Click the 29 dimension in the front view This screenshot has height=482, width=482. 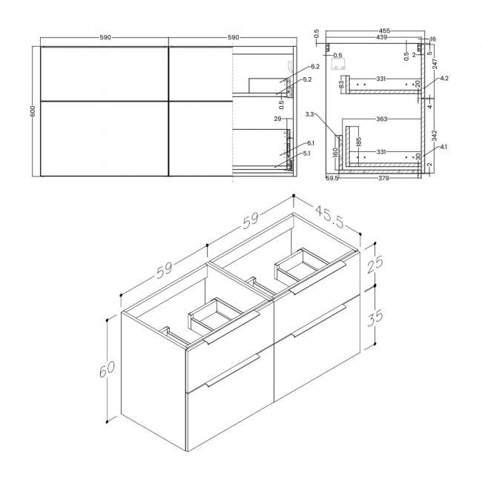(x=278, y=119)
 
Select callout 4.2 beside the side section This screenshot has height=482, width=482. (x=443, y=78)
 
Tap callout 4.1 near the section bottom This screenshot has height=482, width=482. (x=443, y=147)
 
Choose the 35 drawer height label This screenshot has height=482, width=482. (x=375, y=317)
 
